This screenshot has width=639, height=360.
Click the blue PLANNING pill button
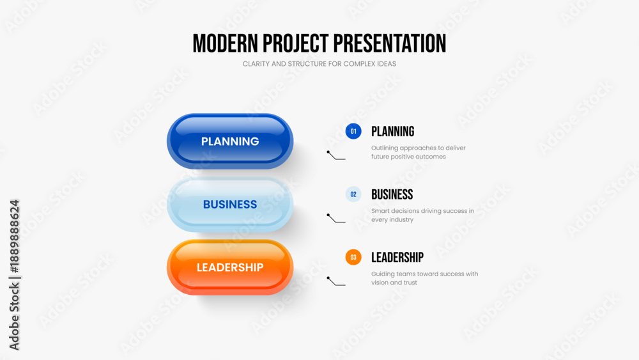230,141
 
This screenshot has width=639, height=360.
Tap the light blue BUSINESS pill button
230,204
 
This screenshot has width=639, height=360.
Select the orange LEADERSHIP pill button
230,267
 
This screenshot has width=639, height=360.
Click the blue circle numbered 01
353,131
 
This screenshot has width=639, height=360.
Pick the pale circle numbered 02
353,194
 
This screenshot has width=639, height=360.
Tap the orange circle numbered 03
353,257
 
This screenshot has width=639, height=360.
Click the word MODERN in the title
225,43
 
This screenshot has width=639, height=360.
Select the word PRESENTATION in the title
390,43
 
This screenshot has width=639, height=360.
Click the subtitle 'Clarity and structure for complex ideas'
319,64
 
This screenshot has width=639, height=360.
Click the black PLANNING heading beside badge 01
392,131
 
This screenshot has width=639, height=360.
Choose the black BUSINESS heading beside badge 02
392,194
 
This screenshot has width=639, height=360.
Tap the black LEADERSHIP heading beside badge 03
397,257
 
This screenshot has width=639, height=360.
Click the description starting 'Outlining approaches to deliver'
418,152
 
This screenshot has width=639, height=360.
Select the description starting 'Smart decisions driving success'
422,215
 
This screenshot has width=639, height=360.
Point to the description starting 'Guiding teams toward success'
425,278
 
